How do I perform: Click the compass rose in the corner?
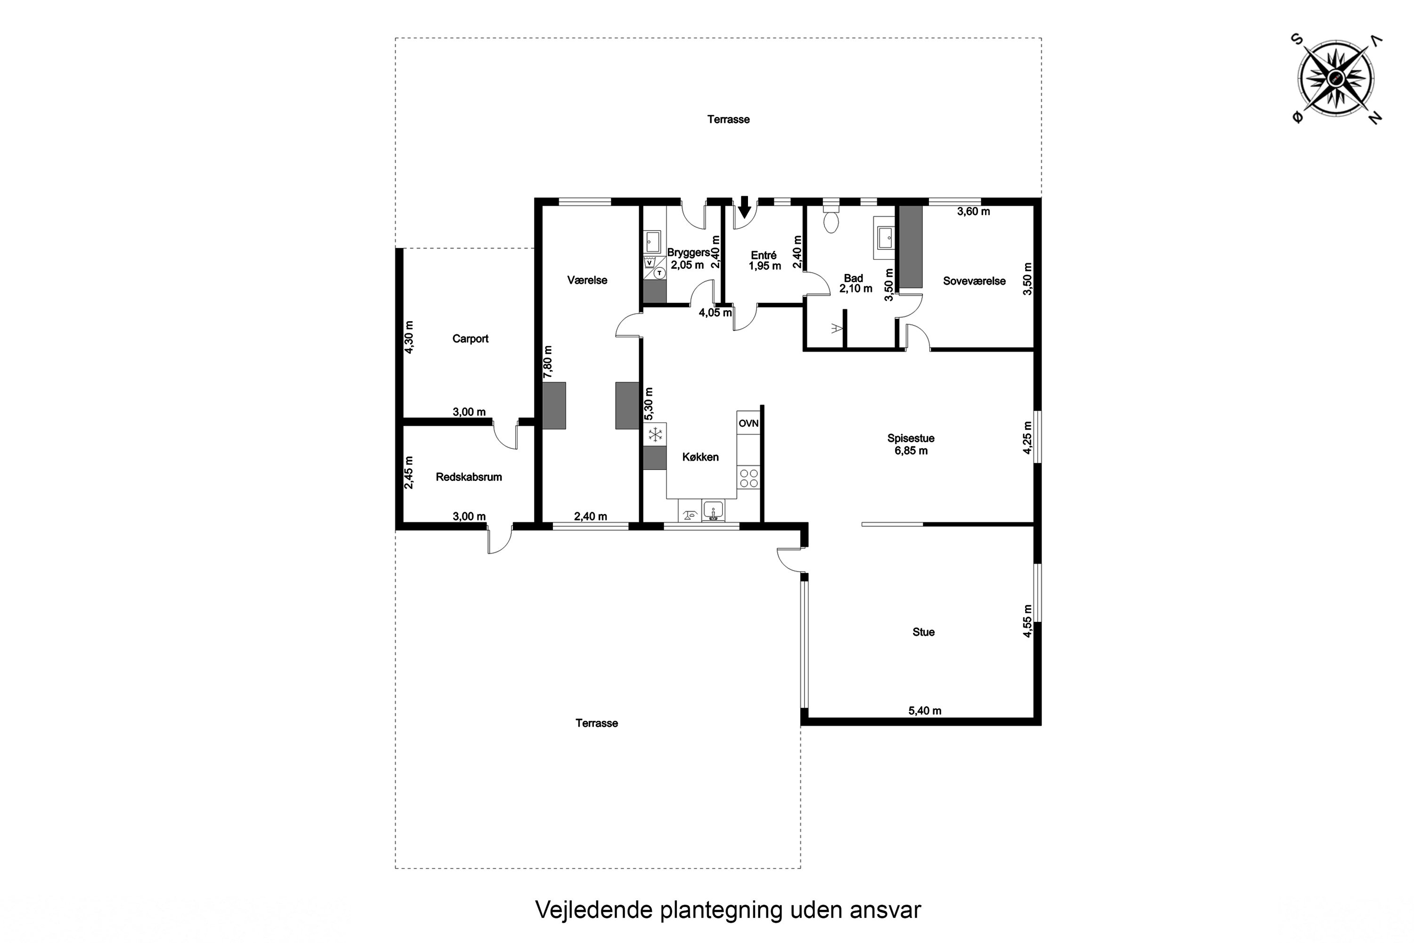pyautogui.click(x=1336, y=78)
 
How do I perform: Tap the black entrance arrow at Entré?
pyautogui.click(x=744, y=207)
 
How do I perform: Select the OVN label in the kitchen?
pyautogui.click(x=748, y=423)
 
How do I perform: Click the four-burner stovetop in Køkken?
pyautogui.click(x=748, y=478)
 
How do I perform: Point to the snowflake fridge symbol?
pyautogui.click(x=655, y=434)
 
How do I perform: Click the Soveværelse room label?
pyautogui.click(x=974, y=281)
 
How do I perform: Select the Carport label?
pyautogui.click(x=470, y=339)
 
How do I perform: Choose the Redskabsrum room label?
pyautogui.click(x=469, y=477)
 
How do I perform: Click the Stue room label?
pyautogui.click(x=923, y=632)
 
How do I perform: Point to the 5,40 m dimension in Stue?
pyautogui.click(x=925, y=711)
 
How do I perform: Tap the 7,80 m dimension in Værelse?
pyautogui.click(x=548, y=362)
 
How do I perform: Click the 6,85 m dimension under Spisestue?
pyautogui.click(x=911, y=451)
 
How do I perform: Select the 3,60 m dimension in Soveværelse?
pyautogui.click(x=973, y=212)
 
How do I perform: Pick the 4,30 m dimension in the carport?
pyautogui.click(x=409, y=337)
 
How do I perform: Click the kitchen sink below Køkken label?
pyautogui.click(x=714, y=511)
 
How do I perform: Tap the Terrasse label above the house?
pyautogui.click(x=728, y=119)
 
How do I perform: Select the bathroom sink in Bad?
pyautogui.click(x=886, y=238)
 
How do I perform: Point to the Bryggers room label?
pyautogui.click(x=688, y=253)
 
